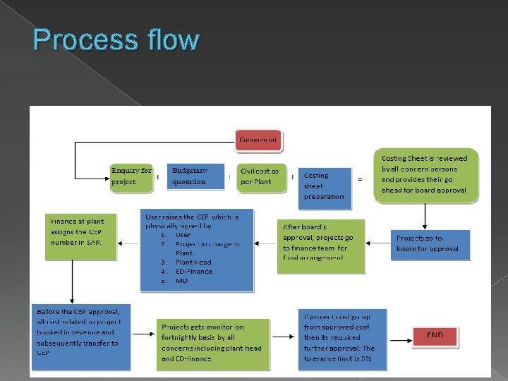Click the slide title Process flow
116,40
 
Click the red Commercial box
258,140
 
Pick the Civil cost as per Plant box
260,176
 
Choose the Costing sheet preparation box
325,186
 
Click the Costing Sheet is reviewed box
425,175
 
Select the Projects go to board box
430,243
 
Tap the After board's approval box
321,244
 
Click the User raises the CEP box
197,250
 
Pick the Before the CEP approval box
81,337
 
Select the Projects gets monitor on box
213,344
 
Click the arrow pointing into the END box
398,336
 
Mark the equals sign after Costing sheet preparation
361,179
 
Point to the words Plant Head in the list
193,262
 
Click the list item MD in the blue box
182,280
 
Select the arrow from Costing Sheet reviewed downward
425,215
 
